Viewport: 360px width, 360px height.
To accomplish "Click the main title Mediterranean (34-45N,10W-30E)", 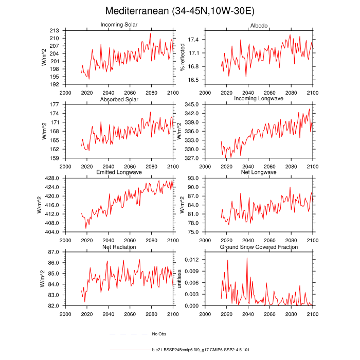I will point(179,11).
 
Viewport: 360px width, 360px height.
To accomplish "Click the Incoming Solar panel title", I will point(119,25).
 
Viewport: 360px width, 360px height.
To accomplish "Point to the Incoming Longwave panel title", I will point(259,99).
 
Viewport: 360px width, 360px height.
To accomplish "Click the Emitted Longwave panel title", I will point(119,172).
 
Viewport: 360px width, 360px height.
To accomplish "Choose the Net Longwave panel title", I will point(259,172).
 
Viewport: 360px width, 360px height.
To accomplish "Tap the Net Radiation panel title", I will point(119,247).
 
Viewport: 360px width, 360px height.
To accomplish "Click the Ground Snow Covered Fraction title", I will point(259,247).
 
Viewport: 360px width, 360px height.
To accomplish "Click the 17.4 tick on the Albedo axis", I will point(193,40).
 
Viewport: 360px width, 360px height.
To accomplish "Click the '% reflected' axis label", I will point(182,57).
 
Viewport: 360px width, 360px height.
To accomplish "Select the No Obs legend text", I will point(158,334).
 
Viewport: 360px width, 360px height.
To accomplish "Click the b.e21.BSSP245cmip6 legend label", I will point(201,350).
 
